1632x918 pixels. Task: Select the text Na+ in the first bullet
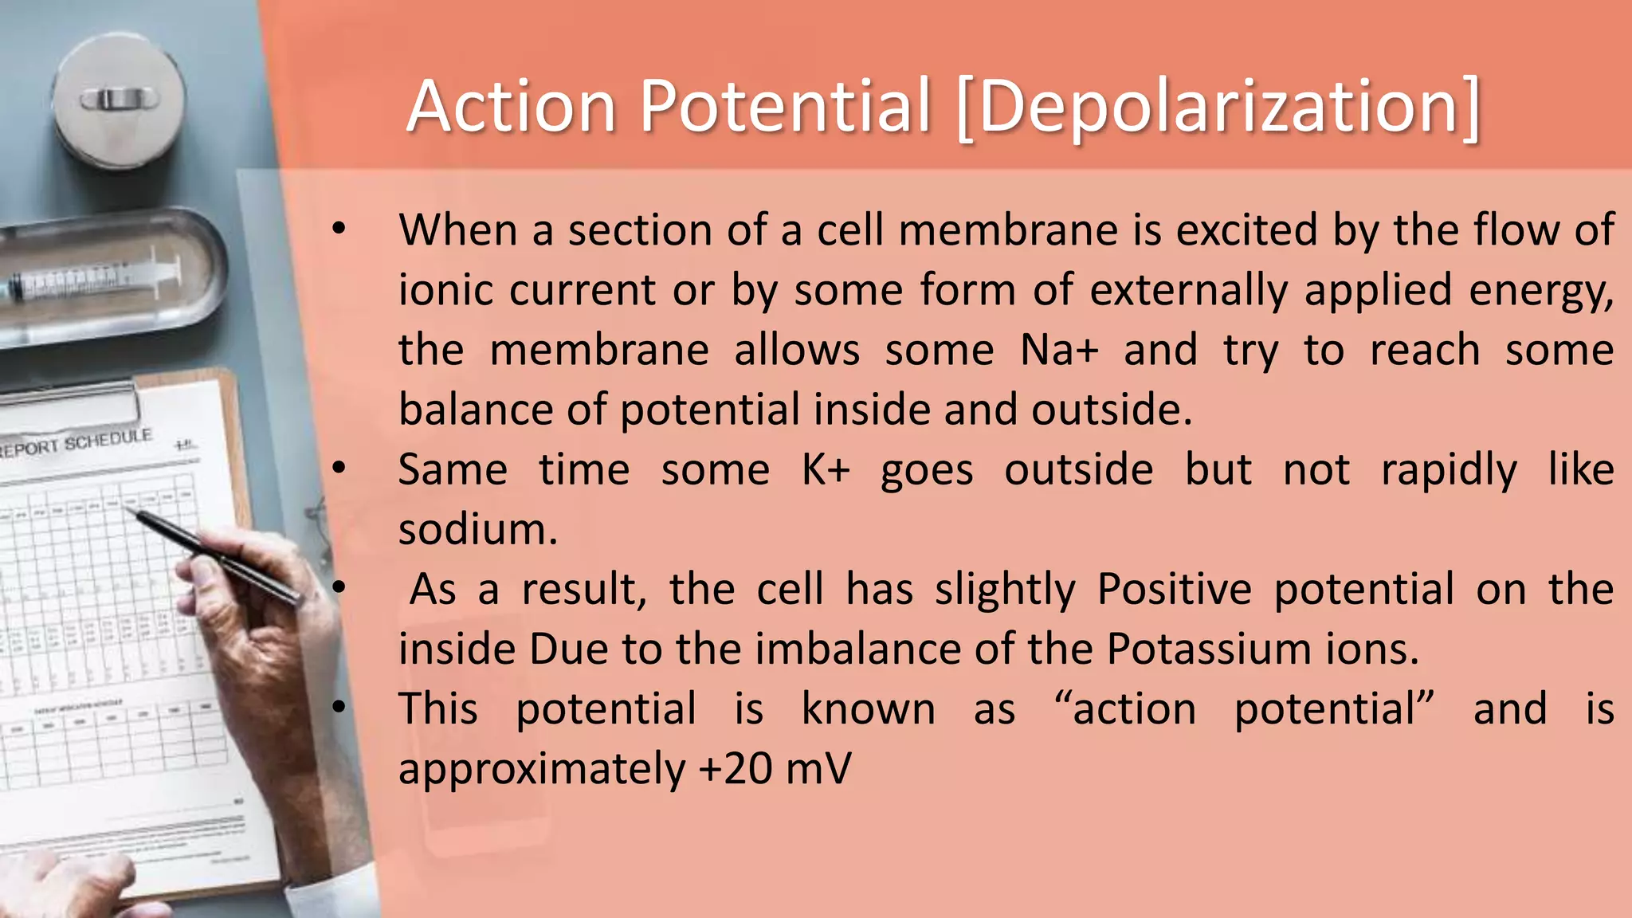pyautogui.click(x=1059, y=350)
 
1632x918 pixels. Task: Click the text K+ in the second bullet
pyautogui.click(x=826, y=469)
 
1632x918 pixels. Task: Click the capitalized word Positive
pyautogui.click(x=1174, y=590)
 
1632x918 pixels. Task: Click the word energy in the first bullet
pyautogui.click(x=1540, y=290)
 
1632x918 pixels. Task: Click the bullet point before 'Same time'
pyautogui.click(x=339, y=469)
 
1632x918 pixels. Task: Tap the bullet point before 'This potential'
pyautogui.click(x=339, y=708)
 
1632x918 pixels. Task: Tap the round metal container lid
pyautogui.click(x=119, y=100)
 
